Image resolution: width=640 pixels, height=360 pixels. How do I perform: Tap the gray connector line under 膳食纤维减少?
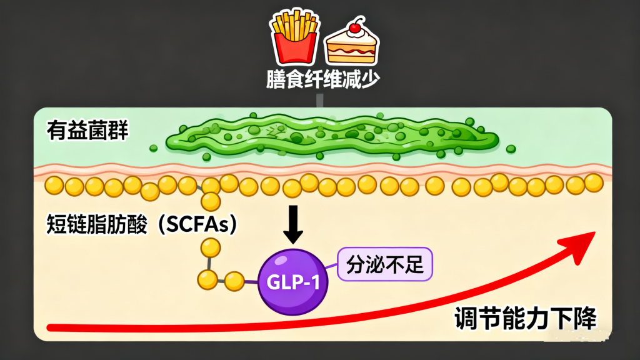(320, 100)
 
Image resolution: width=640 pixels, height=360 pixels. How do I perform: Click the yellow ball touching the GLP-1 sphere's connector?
(234, 281)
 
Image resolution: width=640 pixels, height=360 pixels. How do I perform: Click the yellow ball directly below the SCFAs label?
(211, 248)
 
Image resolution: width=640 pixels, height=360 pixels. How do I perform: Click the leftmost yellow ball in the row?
(55, 186)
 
